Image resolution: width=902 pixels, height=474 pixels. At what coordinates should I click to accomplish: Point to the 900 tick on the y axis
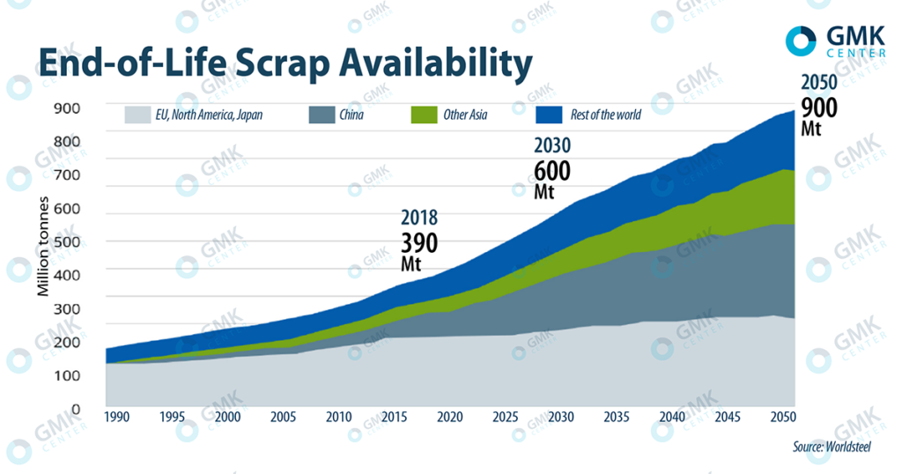tap(68, 108)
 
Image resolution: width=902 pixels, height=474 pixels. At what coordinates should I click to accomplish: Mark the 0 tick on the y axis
tap(76, 410)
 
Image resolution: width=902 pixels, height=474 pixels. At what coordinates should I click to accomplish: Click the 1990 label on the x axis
tap(118, 417)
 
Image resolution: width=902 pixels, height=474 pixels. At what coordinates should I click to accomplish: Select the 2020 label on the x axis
tap(451, 417)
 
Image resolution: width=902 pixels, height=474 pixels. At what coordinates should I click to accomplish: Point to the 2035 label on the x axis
tap(617, 417)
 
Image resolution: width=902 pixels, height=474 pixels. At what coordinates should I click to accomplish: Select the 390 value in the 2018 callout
tap(419, 241)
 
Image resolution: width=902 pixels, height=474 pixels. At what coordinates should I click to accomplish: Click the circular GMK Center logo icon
tap(802, 39)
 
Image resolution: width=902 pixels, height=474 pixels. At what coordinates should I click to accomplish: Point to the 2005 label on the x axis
tap(284, 417)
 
